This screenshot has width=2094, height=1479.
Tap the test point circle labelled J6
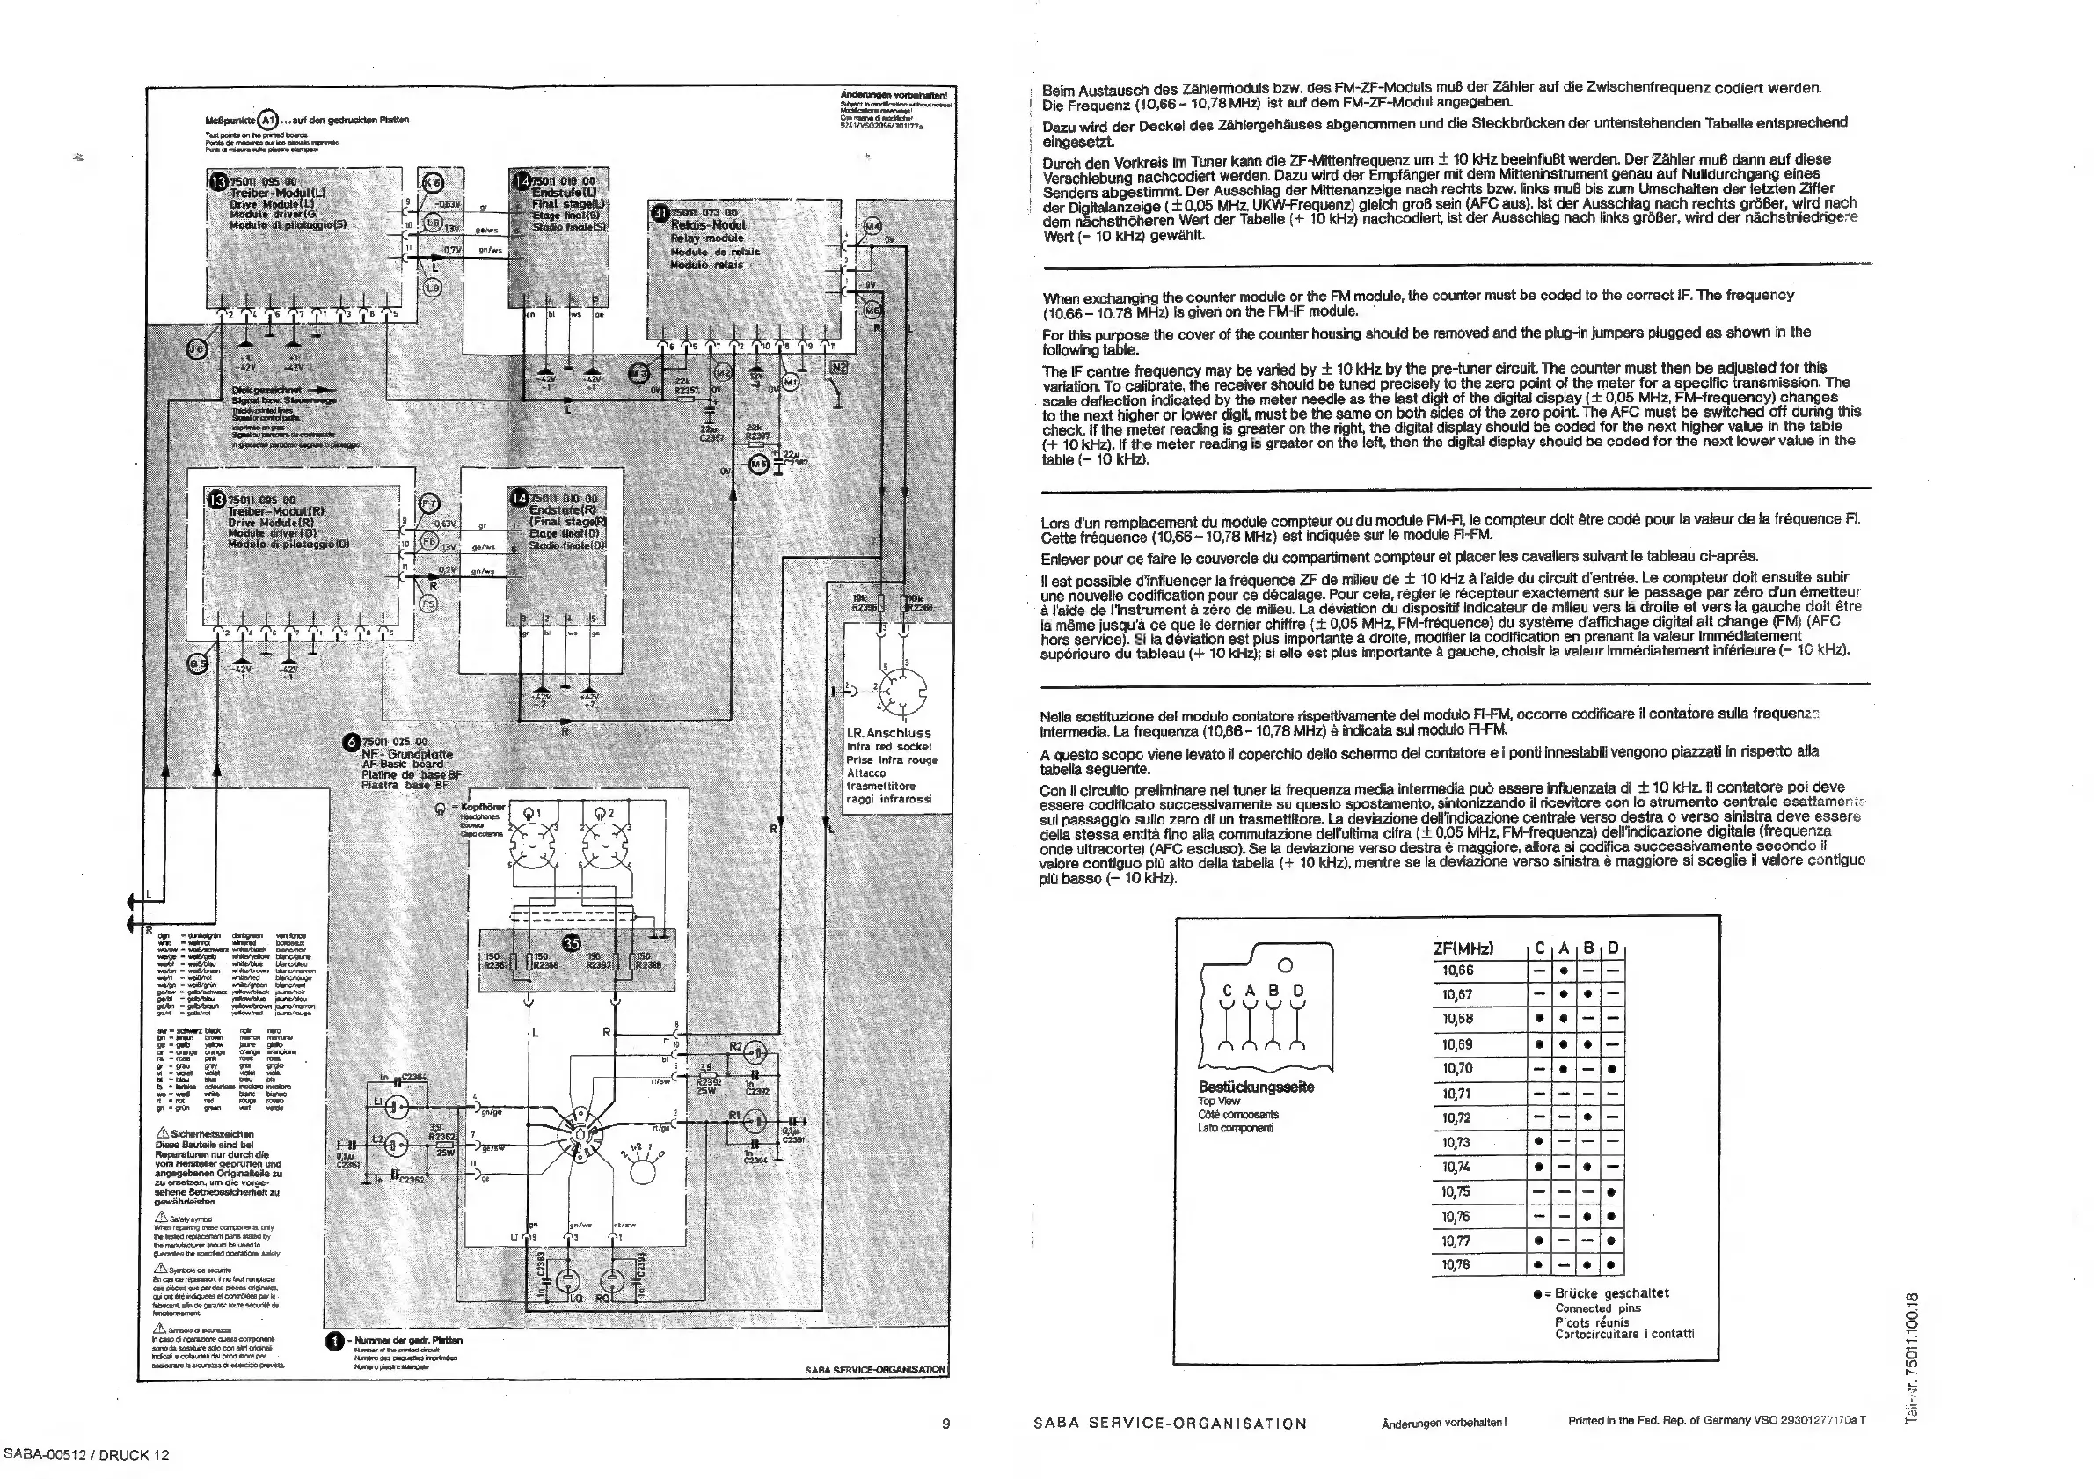[197, 348]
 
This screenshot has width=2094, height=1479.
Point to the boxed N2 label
[838, 368]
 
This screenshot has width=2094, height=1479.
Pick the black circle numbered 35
[573, 943]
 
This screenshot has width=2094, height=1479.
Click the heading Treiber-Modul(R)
[276, 512]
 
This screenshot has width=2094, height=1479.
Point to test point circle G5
[197, 663]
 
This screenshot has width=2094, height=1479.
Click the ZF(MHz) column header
[1463, 948]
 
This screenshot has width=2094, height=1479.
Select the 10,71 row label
[1457, 1093]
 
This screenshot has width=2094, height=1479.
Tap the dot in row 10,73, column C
[1539, 1142]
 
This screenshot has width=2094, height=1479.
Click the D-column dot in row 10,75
[1612, 1191]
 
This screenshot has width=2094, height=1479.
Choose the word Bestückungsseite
[1256, 1087]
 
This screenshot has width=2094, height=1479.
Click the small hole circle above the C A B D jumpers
[1285, 965]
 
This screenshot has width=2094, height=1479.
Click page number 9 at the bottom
[945, 1423]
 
